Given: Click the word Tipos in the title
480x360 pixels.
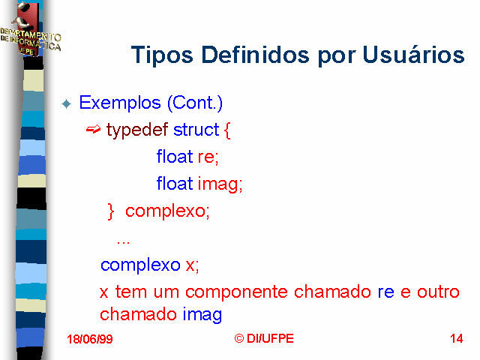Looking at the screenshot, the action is tap(162, 55).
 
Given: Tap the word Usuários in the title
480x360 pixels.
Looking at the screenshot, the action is tap(413, 54).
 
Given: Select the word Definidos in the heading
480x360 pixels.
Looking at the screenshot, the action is tap(255, 55).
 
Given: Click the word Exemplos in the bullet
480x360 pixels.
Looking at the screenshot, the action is tap(120, 103).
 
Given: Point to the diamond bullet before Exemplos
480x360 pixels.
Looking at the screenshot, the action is tap(66, 103).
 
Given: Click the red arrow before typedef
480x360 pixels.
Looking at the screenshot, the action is tap(93, 129).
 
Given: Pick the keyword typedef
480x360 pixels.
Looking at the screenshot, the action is tap(137, 130).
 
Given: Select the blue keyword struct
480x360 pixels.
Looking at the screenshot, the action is tap(196, 130).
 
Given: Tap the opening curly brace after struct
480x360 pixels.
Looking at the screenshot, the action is tap(227, 130).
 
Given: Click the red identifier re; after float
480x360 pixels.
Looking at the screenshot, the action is tap(208, 157).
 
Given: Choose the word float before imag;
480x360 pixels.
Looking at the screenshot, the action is tap(175, 184).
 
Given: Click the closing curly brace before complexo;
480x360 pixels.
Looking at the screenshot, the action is tap(110, 211).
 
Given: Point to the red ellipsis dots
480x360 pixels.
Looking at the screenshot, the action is tap(123, 243).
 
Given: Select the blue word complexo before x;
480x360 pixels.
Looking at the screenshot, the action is tap(140, 265).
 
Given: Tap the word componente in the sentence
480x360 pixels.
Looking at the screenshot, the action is tap(237, 292).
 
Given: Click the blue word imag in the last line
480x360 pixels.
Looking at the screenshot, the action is tap(202, 315).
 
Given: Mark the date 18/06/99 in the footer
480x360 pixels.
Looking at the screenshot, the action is tap(90, 339).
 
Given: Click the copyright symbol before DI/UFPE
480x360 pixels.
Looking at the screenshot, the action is tap(239, 338).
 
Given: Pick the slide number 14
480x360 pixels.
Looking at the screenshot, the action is tap(457, 338).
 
